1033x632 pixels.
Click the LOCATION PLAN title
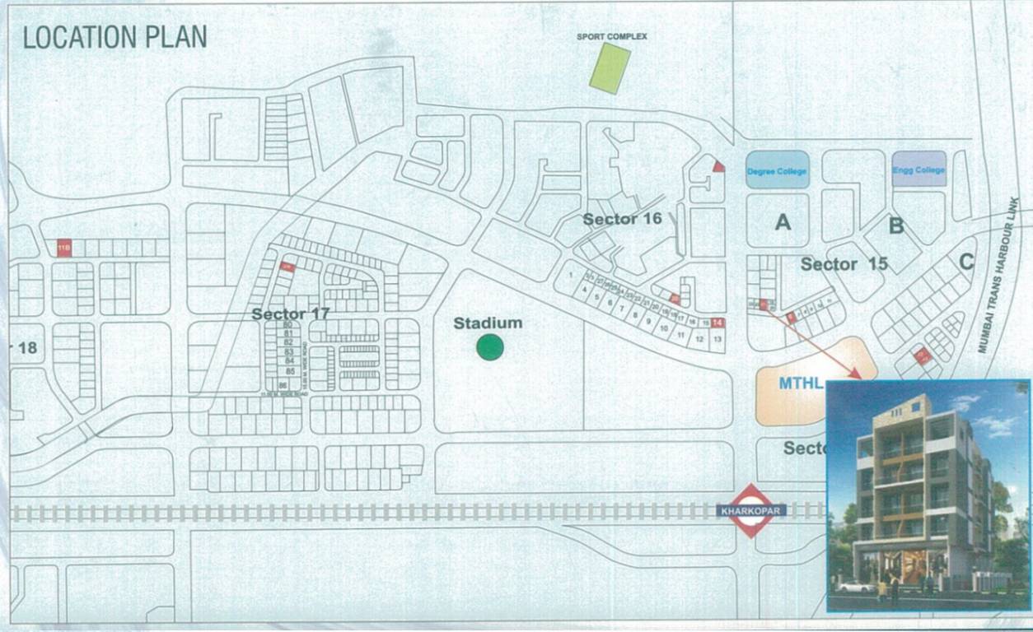115,37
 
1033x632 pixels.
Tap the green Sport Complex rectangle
610,67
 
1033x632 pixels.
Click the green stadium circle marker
490,348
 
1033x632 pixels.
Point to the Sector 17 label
290,314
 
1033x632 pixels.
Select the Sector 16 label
622,219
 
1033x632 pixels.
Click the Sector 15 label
844,264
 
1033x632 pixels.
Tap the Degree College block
778,170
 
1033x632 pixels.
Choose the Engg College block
918,170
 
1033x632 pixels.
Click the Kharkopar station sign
751,511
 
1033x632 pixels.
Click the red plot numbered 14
717,323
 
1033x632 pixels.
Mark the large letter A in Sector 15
783,221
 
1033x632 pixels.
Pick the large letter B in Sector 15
896,225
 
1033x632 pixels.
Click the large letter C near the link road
966,263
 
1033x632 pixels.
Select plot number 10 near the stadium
664,328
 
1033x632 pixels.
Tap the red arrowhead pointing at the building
857,375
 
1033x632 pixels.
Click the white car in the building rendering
856,587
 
